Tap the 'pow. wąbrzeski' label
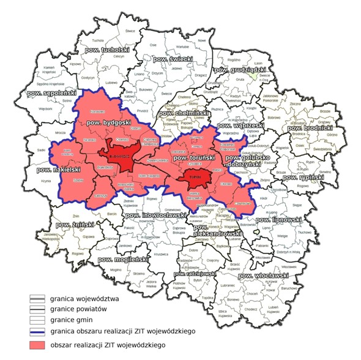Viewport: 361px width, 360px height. pyautogui.click(x=258, y=125)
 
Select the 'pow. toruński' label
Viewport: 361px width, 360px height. pyautogui.click(x=194, y=159)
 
